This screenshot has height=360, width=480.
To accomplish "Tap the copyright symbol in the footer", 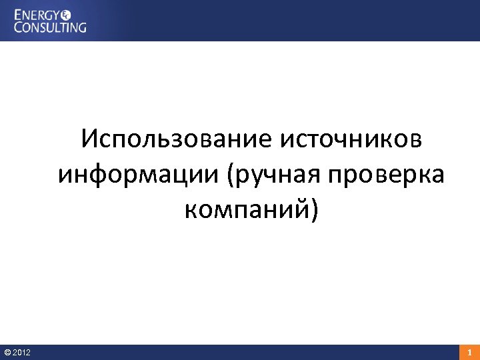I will [x=7, y=352].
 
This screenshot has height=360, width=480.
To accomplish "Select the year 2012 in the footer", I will [x=21, y=352].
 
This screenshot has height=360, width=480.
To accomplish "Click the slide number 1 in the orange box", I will [x=469, y=352].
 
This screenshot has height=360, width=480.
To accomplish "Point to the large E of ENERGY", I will [x=19, y=14].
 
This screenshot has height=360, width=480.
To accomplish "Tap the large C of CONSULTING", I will [x=19, y=27].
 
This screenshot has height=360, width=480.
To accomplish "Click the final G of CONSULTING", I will [x=82, y=27].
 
